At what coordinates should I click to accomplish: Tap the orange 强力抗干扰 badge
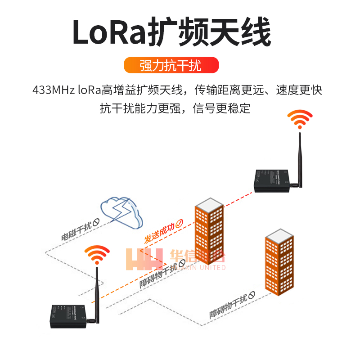pyautogui.click(x=171, y=66)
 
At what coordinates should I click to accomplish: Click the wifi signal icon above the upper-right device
pyautogui.click(x=300, y=119)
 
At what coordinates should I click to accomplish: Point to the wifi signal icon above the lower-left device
pyautogui.click(x=97, y=255)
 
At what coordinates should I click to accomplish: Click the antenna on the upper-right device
pyautogui.click(x=298, y=157)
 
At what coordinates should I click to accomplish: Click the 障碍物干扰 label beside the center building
pyautogui.click(x=158, y=273)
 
